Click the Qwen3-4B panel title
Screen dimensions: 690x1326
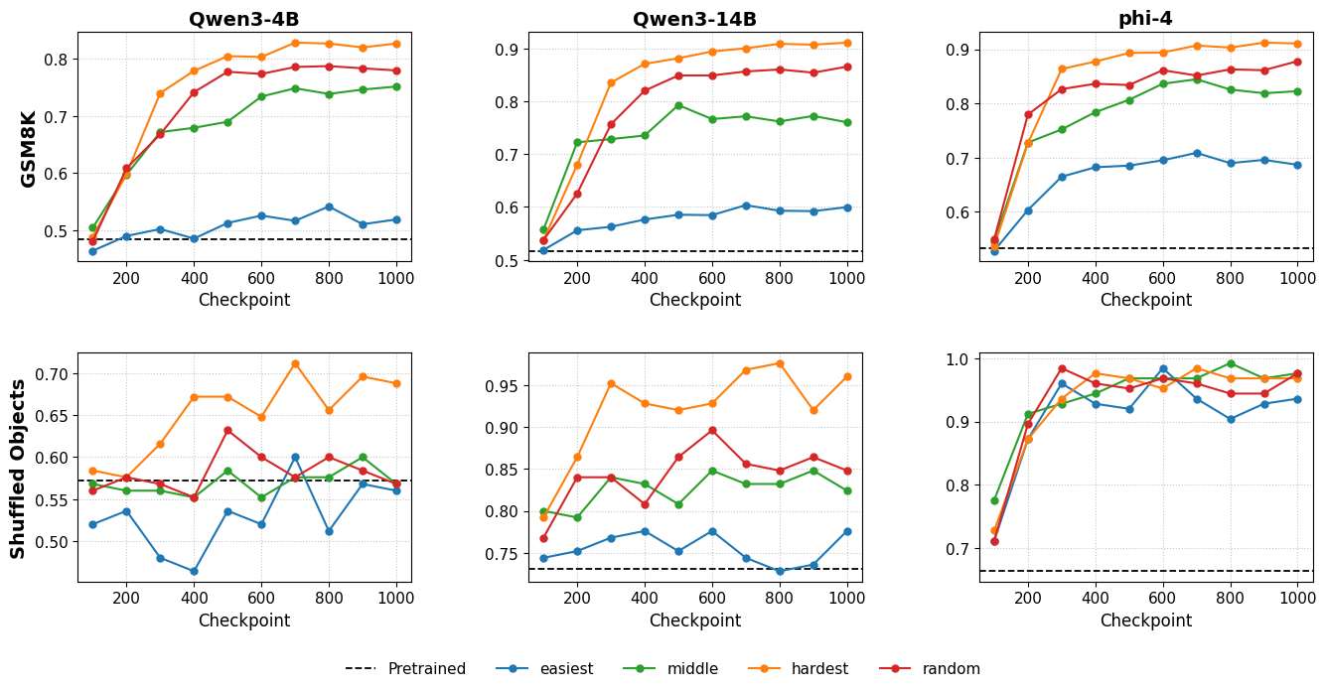244,19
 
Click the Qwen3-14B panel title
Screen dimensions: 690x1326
694,19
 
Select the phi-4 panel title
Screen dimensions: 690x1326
1145,19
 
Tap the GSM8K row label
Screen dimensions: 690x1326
29,148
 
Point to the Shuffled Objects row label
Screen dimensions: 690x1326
18,468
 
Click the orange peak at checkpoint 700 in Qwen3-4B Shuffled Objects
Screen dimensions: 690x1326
295,363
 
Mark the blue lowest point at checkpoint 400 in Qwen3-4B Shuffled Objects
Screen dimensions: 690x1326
194,571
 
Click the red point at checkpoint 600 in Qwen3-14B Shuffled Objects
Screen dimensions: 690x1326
712,430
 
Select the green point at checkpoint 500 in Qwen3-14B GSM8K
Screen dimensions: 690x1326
678,105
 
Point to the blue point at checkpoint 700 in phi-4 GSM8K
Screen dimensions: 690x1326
1197,153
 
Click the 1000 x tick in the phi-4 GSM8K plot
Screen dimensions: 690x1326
1297,279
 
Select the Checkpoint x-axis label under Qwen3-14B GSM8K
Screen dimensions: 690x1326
694,300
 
